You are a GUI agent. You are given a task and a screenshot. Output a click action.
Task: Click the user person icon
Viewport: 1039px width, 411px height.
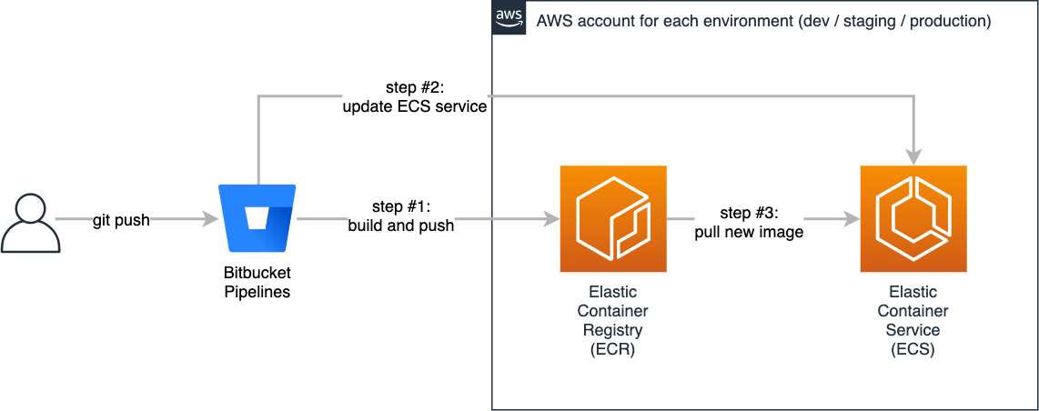click(x=31, y=222)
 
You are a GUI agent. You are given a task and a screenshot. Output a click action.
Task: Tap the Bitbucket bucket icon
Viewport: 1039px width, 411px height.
click(x=257, y=219)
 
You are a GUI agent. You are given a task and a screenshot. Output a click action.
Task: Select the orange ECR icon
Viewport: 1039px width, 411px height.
click(x=613, y=218)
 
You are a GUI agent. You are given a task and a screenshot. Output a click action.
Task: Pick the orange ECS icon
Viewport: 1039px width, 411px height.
click(x=913, y=218)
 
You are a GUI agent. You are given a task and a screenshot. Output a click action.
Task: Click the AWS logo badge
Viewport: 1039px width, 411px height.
click(x=509, y=17)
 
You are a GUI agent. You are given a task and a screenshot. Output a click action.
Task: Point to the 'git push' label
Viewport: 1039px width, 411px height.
click(x=121, y=220)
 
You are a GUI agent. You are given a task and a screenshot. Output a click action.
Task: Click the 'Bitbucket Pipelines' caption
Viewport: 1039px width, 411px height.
click(x=257, y=282)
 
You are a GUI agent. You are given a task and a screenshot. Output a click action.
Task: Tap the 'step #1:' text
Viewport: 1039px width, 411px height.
click(x=400, y=207)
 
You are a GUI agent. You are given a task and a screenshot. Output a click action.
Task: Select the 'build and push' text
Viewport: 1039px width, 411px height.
click(x=400, y=226)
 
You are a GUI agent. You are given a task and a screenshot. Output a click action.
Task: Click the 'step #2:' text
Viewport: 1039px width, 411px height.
click(x=414, y=89)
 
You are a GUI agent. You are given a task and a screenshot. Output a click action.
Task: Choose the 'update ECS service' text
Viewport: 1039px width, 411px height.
click(x=414, y=107)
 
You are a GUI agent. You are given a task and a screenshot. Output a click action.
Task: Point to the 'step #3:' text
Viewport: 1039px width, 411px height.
click(x=749, y=214)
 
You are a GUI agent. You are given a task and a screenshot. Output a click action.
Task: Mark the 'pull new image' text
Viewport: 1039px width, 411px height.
click(x=749, y=232)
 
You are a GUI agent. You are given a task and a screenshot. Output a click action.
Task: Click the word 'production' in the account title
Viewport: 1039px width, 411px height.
click(x=946, y=20)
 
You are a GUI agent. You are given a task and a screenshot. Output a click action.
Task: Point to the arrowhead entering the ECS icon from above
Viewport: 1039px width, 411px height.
click(x=913, y=155)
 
